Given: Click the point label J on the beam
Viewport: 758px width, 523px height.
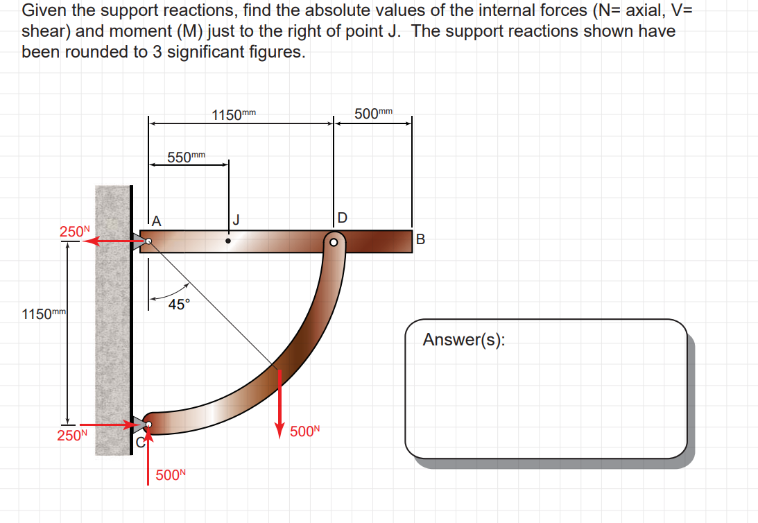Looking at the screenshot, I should click(237, 221).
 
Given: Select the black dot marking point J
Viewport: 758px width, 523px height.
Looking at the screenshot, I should click(229, 241).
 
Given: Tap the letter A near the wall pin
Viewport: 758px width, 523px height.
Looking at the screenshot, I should click(157, 222).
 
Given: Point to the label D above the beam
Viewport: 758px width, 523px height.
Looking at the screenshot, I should click(342, 218).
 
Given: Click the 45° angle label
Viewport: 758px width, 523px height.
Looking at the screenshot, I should click(179, 304).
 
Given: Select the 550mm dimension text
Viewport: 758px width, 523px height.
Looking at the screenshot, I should click(187, 157).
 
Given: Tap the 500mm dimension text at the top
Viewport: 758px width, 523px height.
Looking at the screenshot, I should click(373, 114).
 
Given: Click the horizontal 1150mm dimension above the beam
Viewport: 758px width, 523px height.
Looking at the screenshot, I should click(234, 114).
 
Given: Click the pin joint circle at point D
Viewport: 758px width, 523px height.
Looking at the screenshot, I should click(334, 242).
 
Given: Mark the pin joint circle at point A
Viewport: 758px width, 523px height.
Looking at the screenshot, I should click(148, 242).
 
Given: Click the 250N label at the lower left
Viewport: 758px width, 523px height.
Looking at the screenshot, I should click(72, 436).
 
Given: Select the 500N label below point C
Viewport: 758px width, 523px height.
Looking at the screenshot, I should click(171, 475).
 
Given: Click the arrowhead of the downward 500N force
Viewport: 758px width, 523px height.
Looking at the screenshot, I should click(279, 430).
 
